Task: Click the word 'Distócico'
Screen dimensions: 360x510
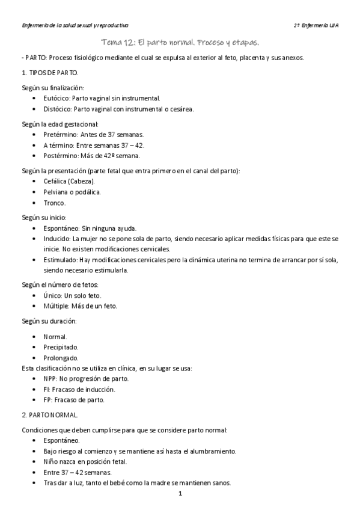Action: click(58, 109)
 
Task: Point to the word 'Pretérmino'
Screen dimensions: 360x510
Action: click(60, 135)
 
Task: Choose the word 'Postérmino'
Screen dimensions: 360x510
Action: click(61, 156)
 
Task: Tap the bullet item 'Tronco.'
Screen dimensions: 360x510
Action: click(55, 203)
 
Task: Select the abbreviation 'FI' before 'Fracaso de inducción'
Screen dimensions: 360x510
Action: click(47, 390)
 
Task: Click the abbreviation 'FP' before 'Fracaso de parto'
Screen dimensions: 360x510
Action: click(47, 400)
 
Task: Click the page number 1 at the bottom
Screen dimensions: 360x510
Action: click(180, 494)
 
